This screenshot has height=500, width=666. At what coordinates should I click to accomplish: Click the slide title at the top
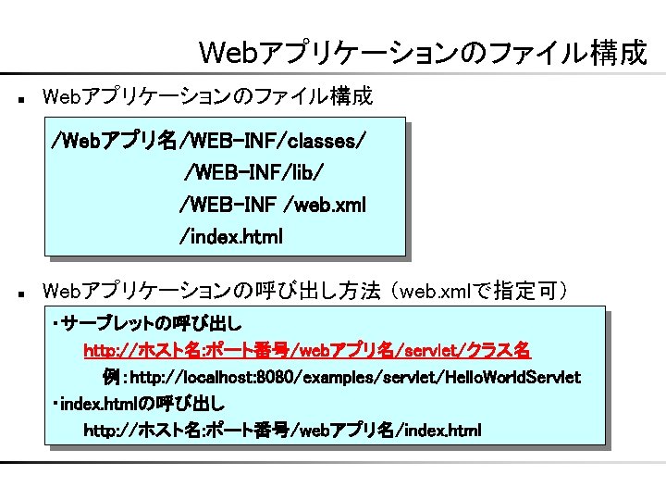click(x=423, y=53)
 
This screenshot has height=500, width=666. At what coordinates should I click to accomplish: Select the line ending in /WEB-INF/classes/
click(x=208, y=142)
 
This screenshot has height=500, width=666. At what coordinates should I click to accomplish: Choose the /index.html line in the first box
click(x=231, y=236)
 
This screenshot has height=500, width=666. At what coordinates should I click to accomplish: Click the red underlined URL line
click(x=307, y=351)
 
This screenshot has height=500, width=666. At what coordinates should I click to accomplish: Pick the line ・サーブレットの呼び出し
click(x=147, y=324)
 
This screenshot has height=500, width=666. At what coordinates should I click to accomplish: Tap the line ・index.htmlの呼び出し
click(x=138, y=405)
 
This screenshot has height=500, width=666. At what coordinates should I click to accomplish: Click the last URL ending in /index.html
click(x=282, y=431)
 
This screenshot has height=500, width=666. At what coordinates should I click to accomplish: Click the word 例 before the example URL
click(x=111, y=378)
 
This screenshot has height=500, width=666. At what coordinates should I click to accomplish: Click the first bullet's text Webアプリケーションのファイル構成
click(x=208, y=95)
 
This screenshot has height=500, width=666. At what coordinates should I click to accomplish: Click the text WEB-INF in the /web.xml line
click(x=222, y=205)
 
